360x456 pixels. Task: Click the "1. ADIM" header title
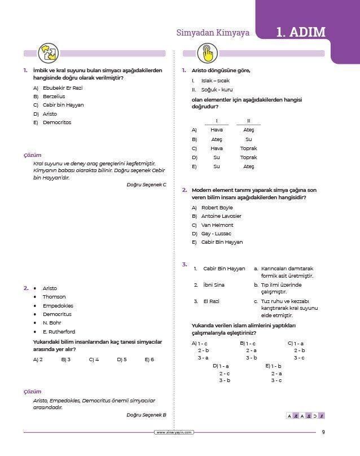(x=301, y=32)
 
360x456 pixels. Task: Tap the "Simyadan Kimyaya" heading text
(x=213, y=33)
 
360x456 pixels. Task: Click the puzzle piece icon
(x=46, y=54)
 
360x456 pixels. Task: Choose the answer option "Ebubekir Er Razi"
(x=63, y=88)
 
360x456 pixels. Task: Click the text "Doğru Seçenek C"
(x=147, y=185)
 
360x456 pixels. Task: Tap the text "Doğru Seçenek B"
(x=147, y=415)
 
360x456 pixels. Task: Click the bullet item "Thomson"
(x=54, y=297)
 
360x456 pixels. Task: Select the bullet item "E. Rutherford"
(x=59, y=332)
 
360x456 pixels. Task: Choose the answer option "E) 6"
(x=149, y=359)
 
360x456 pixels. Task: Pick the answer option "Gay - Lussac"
(x=216, y=234)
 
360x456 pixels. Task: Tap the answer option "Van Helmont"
(x=217, y=225)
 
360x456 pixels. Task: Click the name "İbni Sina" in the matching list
(x=214, y=285)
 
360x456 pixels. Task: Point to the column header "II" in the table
(x=248, y=120)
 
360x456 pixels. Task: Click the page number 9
(x=323, y=433)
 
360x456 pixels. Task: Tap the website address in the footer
(x=174, y=433)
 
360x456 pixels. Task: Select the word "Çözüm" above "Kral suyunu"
(x=32, y=155)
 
